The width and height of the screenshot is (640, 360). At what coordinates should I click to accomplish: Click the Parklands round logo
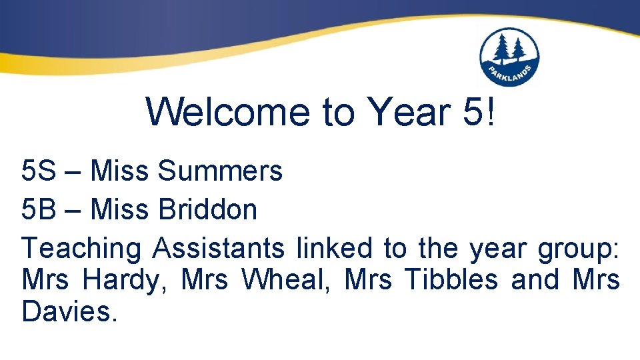[x=509, y=57]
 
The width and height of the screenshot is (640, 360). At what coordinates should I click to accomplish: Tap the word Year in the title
[x=407, y=111]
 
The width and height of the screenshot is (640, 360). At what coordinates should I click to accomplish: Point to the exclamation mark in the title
[x=491, y=111]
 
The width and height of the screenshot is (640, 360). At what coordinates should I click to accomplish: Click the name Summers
[x=220, y=171]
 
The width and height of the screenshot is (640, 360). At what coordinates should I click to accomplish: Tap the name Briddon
[x=207, y=210]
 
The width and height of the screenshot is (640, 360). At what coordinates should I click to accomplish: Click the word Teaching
[x=81, y=249]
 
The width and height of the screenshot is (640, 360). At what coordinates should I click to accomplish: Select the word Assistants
[x=218, y=249]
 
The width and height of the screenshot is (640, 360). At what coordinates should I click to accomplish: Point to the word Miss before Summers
[x=119, y=171]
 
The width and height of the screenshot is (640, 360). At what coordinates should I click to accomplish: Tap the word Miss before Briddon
[x=119, y=210]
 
